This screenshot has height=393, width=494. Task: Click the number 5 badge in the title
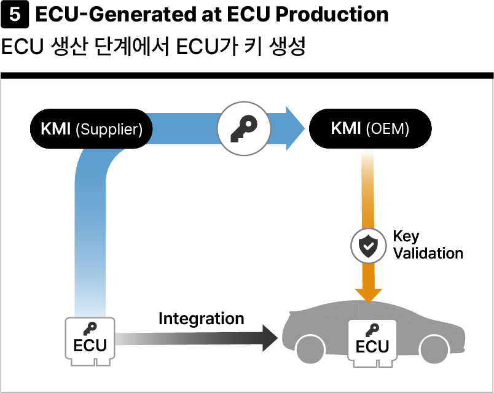15,15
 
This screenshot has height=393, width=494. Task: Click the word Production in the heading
332,14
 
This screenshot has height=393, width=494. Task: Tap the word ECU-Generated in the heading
116,14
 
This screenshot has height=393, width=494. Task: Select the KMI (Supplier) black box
92,129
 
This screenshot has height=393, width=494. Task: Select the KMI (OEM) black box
370,128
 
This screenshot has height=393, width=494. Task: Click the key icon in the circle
244,128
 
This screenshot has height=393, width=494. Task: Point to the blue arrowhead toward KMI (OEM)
296,128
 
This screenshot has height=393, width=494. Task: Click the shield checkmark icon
368,246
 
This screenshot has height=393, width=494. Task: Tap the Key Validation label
428,244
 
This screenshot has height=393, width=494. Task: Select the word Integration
202,318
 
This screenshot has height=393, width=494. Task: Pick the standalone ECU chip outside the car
90,341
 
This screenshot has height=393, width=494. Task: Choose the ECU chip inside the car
372,343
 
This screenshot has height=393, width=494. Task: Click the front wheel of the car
310,349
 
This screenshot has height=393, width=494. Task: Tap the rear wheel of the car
436,349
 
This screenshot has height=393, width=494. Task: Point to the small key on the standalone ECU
90,329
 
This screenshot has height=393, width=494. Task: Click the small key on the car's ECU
372,330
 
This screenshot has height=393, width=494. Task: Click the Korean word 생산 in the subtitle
68,47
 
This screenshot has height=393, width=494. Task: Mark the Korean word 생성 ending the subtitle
287,47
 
